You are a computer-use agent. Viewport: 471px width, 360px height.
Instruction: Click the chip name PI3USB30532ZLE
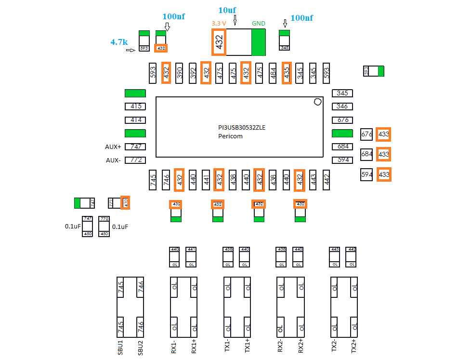[241, 128]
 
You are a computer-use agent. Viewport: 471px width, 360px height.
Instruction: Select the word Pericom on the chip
[230, 136]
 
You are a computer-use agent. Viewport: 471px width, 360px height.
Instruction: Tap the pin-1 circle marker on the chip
[317, 102]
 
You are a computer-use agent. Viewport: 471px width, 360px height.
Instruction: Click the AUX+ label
[113, 147]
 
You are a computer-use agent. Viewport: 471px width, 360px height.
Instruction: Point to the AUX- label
[113, 160]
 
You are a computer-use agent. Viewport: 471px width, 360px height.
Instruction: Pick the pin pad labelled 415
[135, 107]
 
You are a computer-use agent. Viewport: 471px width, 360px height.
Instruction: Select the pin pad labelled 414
[135, 120]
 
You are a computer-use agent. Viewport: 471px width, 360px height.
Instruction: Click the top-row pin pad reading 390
[180, 73]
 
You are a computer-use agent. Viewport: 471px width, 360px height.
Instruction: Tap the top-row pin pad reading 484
[273, 73]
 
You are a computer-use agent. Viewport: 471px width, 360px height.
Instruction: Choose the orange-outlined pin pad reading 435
[287, 73]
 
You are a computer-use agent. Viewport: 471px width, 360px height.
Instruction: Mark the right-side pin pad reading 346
[342, 107]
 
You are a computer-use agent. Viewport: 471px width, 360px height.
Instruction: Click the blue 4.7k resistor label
[119, 42]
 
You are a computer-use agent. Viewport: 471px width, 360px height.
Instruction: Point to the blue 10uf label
[227, 11]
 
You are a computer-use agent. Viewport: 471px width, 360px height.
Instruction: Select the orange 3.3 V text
[219, 23]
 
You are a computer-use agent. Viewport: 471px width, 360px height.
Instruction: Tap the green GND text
[259, 23]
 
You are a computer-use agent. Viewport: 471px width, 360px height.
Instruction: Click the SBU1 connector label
[120, 347]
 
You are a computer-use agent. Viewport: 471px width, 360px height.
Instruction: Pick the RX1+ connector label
[194, 347]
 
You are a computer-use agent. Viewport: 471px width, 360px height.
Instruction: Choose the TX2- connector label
[333, 347]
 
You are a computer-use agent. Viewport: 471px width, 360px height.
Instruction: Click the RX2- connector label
[280, 347]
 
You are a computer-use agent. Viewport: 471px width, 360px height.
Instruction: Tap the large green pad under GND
[259, 42]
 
